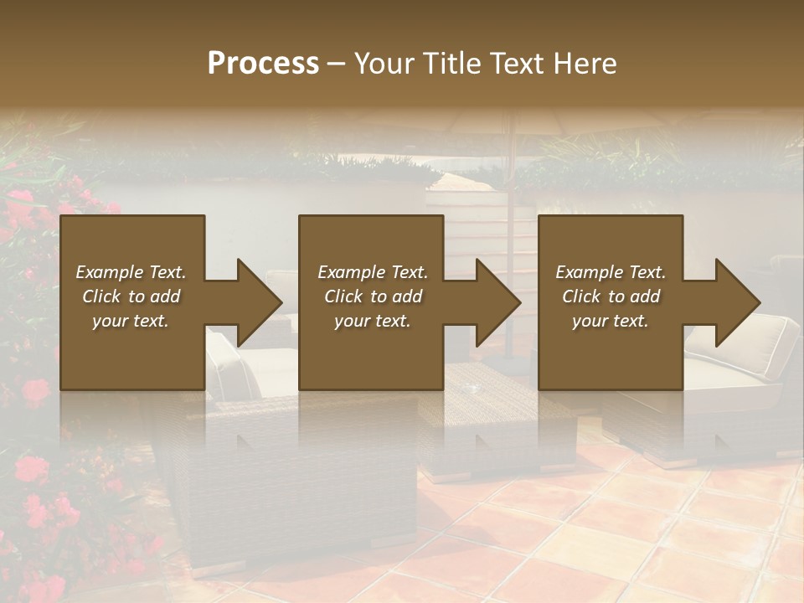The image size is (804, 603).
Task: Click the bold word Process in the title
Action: click(x=263, y=64)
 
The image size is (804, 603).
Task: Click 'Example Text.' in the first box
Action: click(x=131, y=272)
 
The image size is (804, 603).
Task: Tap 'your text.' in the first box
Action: click(x=131, y=321)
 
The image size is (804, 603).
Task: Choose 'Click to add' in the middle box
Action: click(x=373, y=296)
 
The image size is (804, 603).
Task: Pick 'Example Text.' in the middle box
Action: click(x=373, y=272)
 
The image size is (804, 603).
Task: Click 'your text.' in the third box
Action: click(x=611, y=321)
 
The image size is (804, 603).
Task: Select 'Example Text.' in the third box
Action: click(x=611, y=272)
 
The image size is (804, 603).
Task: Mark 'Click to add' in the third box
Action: click(x=611, y=296)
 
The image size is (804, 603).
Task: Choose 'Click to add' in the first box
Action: click(x=131, y=296)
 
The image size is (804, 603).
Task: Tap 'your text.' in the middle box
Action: click(x=373, y=321)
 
